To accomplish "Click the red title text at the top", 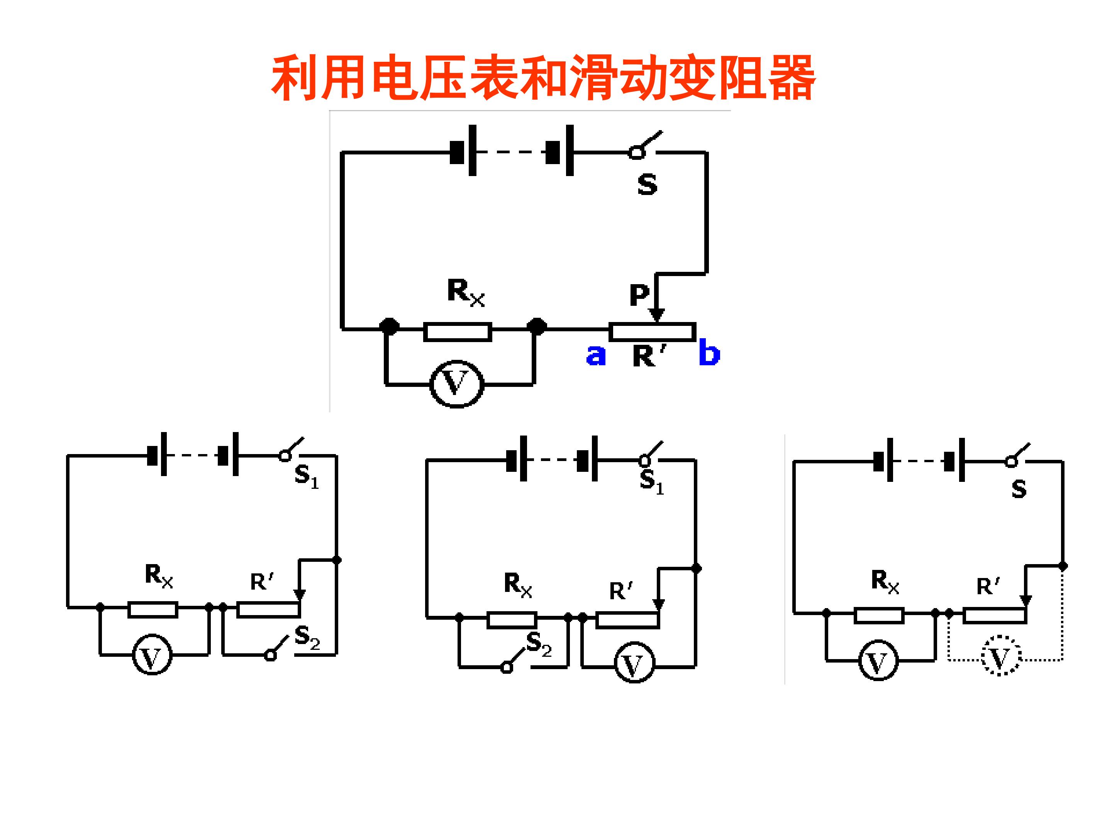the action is (x=543, y=78).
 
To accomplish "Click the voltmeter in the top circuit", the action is (x=456, y=384).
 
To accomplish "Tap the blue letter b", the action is (x=709, y=352).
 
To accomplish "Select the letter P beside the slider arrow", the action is (x=639, y=295).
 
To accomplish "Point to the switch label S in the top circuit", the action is (x=647, y=185).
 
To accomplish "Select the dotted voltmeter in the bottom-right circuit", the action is (x=1000, y=656).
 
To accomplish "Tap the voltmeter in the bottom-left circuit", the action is (x=152, y=654).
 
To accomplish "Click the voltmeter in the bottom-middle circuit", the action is (x=634, y=662).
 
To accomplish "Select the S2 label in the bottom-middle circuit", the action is (x=539, y=644).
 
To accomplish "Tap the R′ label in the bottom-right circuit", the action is (x=988, y=586).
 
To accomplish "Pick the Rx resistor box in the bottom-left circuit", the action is (x=153, y=609).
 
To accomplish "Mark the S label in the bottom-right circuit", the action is (x=1019, y=489).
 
